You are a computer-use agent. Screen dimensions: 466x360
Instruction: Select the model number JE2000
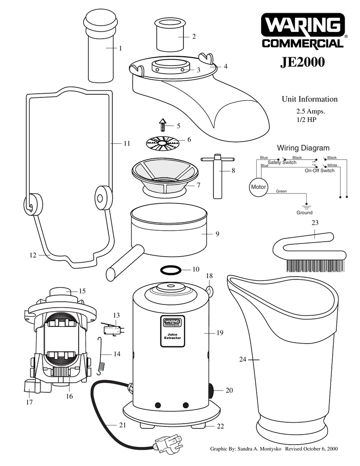[302, 61]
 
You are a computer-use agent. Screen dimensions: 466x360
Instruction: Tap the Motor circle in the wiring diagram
[258, 187]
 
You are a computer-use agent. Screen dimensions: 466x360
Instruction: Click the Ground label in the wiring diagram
[304, 213]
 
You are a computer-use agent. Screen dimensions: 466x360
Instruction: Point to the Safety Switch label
[282, 162]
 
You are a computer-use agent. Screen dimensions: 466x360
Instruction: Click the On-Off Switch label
[319, 171]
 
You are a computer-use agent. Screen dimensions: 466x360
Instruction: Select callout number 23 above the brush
[315, 223]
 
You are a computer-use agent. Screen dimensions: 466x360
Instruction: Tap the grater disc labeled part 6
[162, 143]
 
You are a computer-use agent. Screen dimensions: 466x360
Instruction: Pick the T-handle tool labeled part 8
[217, 175]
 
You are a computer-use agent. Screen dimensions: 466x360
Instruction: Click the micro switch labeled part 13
[111, 329]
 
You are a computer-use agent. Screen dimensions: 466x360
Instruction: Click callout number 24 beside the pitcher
[243, 360]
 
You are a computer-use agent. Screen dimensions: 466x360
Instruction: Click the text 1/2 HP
[306, 120]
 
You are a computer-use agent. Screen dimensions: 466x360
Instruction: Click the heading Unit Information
[309, 99]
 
